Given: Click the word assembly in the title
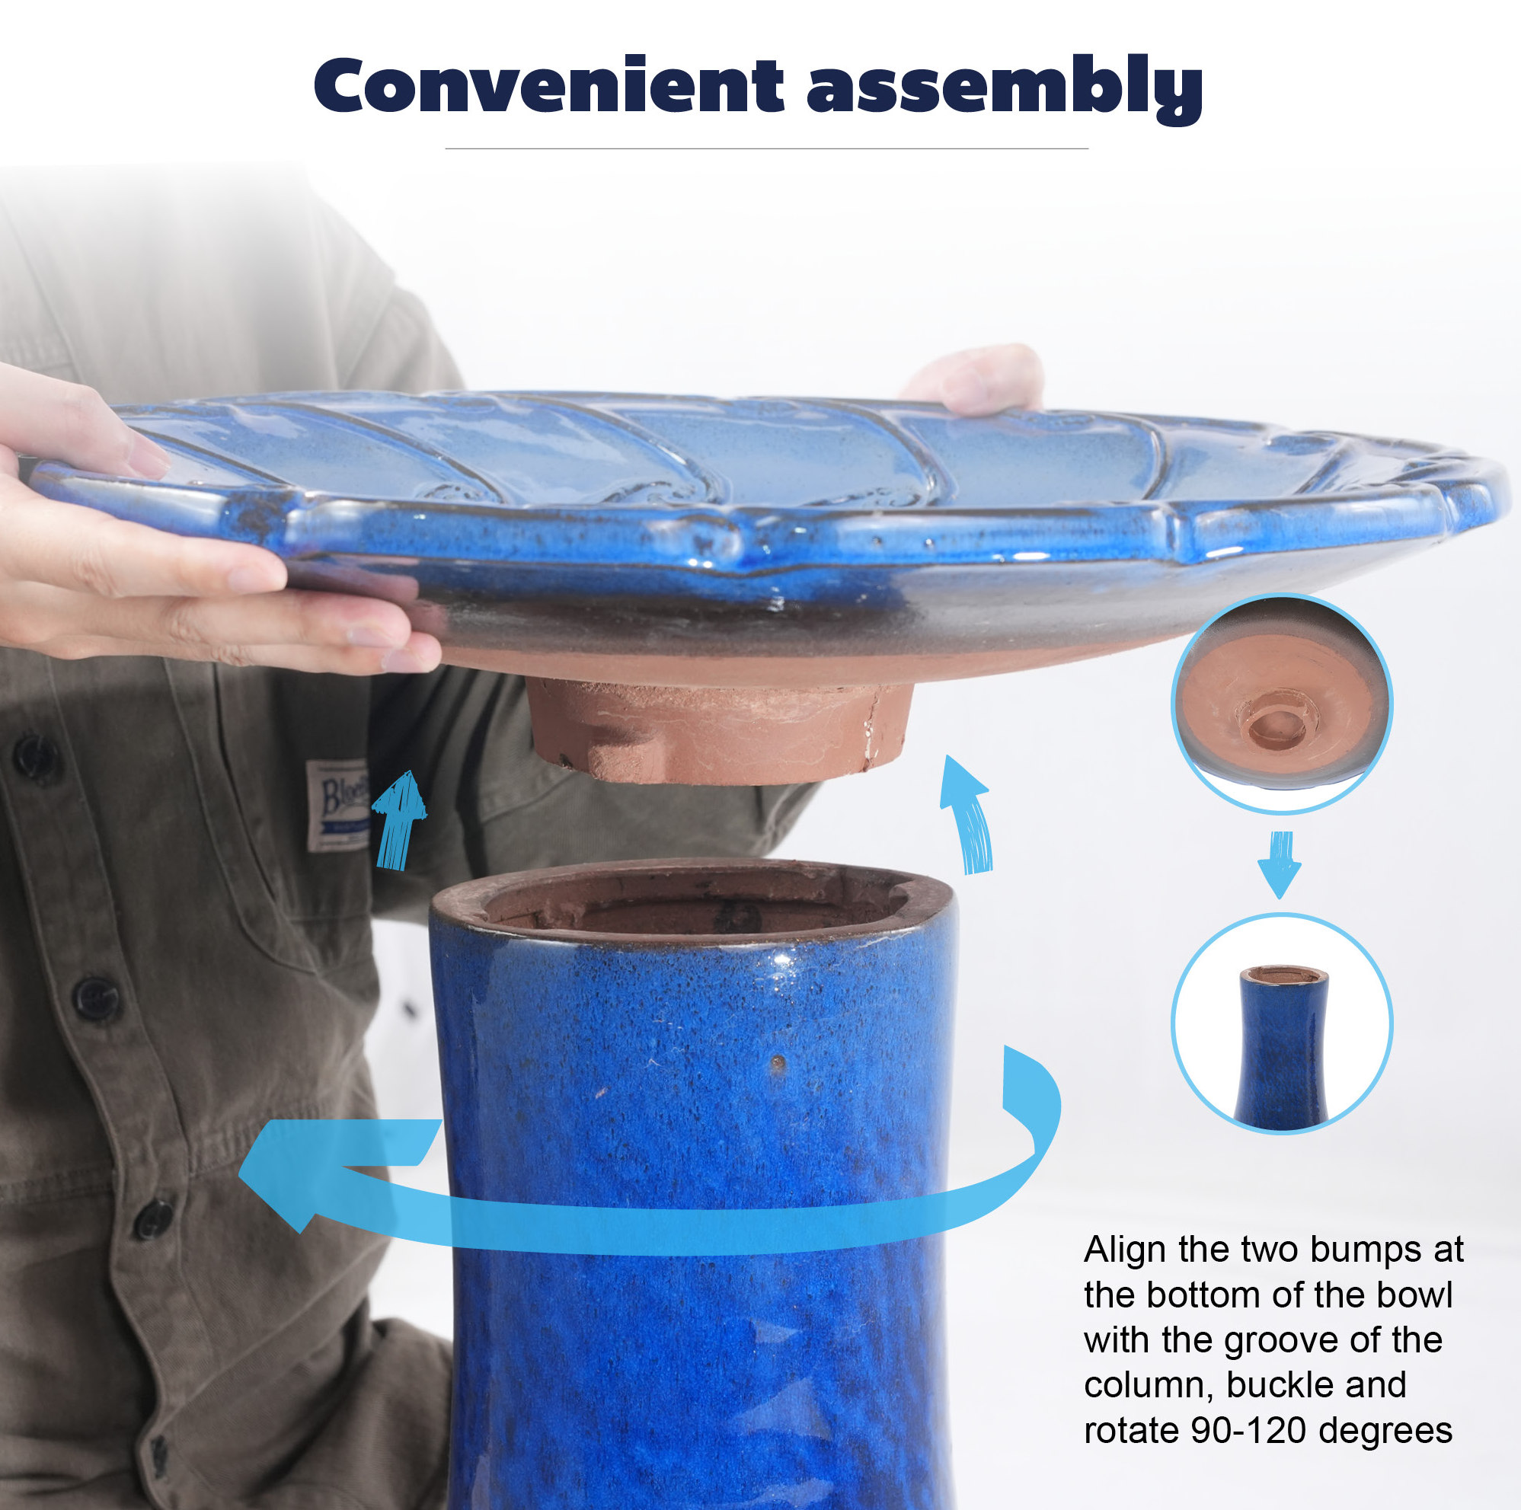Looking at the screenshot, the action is click(x=1005, y=89).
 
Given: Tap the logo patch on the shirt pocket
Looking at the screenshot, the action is click(x=337, y=805).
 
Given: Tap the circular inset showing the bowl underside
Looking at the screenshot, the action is click(x=1282, y=703).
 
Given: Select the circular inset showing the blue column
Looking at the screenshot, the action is click(x=1282, y=1023).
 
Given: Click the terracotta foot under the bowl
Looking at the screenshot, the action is click(x=721, y=733).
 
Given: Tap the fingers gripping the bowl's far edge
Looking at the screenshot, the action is click(x=976, y=380).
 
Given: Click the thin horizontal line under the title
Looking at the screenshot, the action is click(x=766, y=148).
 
